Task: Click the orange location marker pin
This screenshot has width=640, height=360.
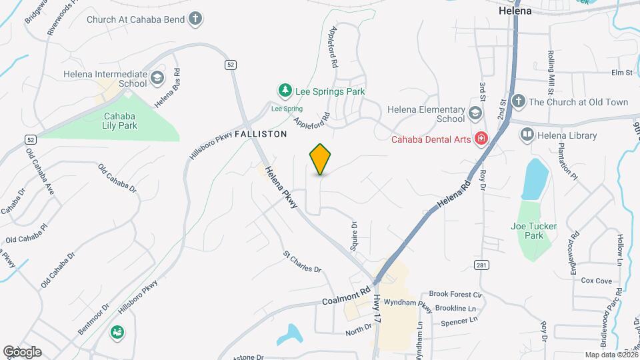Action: [321, 159]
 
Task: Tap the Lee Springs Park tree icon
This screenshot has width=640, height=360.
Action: [285, 90]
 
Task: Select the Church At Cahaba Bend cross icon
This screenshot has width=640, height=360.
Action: [195, 19]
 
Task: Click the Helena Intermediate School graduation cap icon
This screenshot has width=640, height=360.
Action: [157, 78]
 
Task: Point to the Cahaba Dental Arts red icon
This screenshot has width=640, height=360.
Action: [481, 139]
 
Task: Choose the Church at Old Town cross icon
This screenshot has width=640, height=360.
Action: [519, 102]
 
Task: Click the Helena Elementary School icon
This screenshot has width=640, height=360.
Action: [475, 113]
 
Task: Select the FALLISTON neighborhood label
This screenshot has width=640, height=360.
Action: [261, 134]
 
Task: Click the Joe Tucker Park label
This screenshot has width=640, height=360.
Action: [533, 231]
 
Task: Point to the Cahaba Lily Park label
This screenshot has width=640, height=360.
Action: [120, 120]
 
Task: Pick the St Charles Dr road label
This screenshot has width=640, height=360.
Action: [302, 262]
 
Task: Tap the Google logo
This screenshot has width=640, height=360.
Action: [22, 351]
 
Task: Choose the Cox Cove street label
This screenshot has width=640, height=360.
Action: [596, 281]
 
